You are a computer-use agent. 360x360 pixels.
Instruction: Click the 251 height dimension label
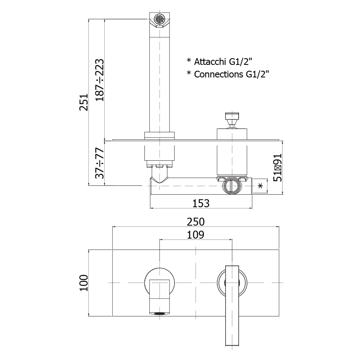[x=84, y=102]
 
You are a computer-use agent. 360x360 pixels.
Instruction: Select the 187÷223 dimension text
[x=100, y=80]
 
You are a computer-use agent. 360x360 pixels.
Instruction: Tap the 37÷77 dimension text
[x=100, y=163]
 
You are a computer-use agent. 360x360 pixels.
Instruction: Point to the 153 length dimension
[x=201, y=203]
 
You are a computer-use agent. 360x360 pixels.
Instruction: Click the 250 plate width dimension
[x=195, y=222]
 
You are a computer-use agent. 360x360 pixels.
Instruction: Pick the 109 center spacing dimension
[x=195, y=235]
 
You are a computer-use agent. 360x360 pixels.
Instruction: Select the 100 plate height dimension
[x=84, y=283]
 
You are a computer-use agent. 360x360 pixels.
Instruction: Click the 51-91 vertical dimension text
[x=278, y=167]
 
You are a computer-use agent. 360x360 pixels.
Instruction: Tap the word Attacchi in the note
[x=210, y=62]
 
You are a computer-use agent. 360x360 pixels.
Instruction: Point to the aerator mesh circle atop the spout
[x=159, y=18]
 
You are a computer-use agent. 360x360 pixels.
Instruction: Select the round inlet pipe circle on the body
[x=232, y=186]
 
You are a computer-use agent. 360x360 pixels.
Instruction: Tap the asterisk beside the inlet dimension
[x=260, y=186]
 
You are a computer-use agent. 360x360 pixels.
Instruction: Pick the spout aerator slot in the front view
[x=159, y=314]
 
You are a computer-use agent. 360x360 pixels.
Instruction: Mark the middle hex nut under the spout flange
[x=159, y=166]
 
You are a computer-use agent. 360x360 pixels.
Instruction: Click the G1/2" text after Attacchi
[x=241, y=62]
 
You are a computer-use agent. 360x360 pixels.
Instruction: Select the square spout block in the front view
[x=159, y=296]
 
